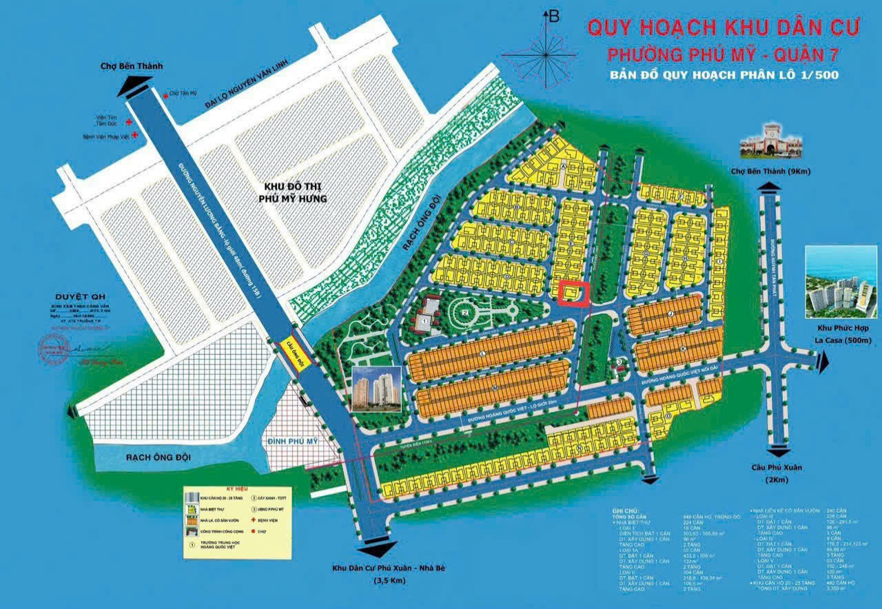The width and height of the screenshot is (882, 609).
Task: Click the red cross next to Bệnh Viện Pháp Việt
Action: (x=136, y=136)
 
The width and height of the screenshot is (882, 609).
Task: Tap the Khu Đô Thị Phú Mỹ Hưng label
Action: (x=296, y=193)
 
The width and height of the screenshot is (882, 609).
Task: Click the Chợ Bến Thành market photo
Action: (x=767, y=141)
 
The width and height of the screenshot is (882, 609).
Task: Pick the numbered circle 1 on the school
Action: (x=425, y=320)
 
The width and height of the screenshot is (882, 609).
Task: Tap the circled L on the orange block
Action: (x=484, y=353)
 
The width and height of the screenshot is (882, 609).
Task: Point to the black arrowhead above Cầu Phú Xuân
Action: (x=779, y=451)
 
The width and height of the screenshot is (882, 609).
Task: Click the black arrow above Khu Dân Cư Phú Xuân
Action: (x=378, y=548)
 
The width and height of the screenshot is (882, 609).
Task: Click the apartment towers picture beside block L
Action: (x=376, y=389)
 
